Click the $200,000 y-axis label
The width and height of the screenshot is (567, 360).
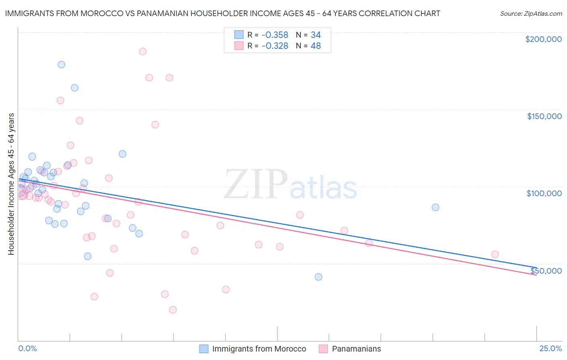(x=543, y=39)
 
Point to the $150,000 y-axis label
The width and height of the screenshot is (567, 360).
(x=544, y=116)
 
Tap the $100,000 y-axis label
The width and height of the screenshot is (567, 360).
(x=544, y=193)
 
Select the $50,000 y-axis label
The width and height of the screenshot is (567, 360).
(x=546, y=270)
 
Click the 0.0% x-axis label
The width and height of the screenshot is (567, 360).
(x=28, y=349)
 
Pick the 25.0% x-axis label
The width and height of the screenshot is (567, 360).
(x=550, y=349)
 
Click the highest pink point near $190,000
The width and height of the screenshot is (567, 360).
(x=142, y=52)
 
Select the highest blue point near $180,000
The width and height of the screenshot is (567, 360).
(x=61, y=65)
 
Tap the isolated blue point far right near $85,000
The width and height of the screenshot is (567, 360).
(x=436, y=207)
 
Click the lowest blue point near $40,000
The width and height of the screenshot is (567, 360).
(x=319, y=277)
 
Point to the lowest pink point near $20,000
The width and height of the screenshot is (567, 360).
(x=173, y=310)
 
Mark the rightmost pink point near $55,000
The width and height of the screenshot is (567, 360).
(x=495, y=254)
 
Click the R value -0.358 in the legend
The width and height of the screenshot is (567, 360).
(x=275, y=35)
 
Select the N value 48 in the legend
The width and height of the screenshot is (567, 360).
(x=316, y=46)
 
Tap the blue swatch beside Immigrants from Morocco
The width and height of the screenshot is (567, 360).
(x=204, y=349)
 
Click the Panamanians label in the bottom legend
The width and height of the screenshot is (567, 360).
(x=356, y=349)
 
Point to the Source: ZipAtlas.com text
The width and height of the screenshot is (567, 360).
(x=531, y=14)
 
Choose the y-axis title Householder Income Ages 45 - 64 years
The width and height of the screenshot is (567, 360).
(x=11, y=184)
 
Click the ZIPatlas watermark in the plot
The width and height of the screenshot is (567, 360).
(x=290, y=185)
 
